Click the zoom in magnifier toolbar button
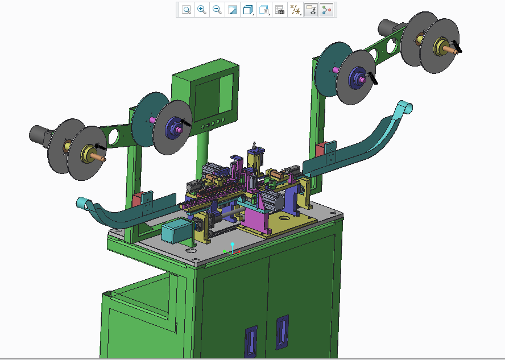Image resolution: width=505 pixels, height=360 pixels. (201, 10)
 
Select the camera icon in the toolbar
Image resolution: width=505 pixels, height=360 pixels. (279, 10)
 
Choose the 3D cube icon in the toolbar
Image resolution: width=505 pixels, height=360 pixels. (248, 10)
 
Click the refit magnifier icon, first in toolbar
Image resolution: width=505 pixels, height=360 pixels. (186, 10)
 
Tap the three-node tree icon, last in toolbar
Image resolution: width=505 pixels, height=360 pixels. (326, 10)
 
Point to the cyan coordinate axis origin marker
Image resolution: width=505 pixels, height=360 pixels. (232, 244)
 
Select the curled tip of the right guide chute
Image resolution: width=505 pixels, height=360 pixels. (405, 107)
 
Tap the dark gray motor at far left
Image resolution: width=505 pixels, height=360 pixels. (40, 135)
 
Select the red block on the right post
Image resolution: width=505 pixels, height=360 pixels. (320, 149)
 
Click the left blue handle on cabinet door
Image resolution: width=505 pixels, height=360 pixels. (250, 341)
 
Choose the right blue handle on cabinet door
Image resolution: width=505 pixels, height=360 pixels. (282, 332)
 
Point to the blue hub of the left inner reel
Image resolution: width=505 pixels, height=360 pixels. (173, 128)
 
